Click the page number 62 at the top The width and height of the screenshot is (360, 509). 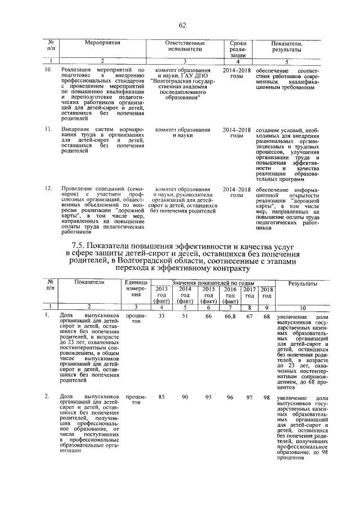(182, 25)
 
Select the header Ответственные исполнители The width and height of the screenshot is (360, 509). (184, 46)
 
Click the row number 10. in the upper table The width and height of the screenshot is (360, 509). (48, 69)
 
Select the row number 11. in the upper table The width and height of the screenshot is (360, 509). (48, 129)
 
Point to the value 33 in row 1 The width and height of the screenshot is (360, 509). (161, 317)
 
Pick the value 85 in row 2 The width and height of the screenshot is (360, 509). (161, 398)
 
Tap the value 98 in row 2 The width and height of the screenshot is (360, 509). (267, 398)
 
